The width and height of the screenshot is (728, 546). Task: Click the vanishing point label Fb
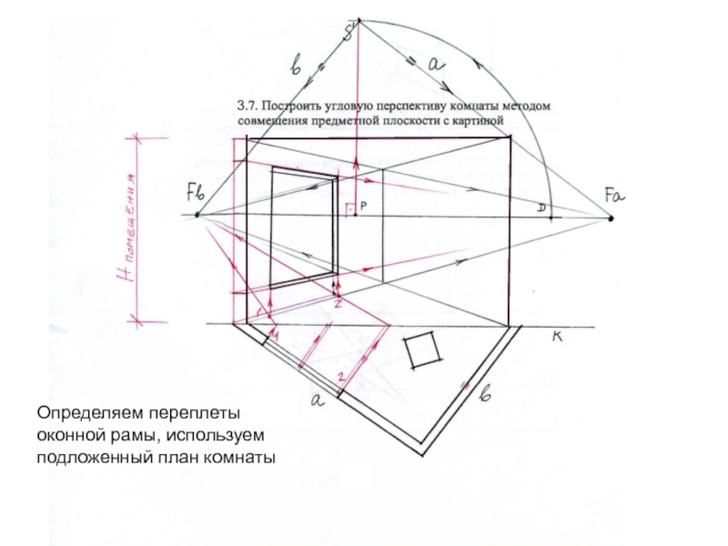[x=197, y=192]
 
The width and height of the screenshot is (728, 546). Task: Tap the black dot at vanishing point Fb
[x=196, y=216]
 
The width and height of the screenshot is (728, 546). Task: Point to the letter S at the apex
[x=348, y=35]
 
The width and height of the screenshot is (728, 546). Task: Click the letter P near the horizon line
[x=362, y=207]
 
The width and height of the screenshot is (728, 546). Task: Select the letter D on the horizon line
[x=541, y=209]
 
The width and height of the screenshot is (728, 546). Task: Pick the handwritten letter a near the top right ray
[x=434, y=64]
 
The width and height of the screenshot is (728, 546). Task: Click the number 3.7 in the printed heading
[x=248, y=106]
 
